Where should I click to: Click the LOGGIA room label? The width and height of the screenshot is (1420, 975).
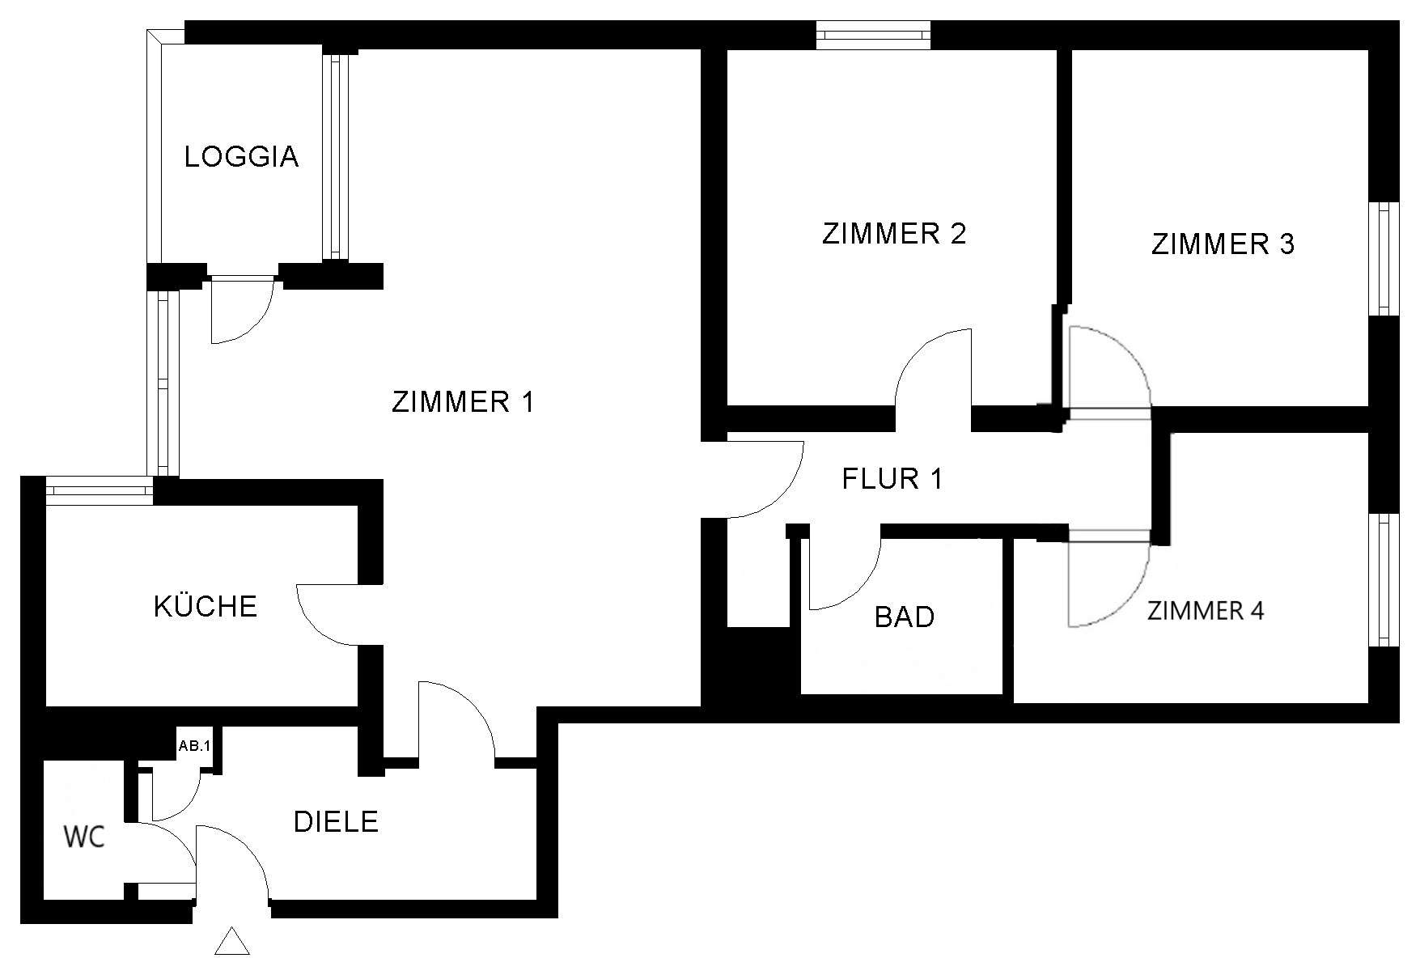241,156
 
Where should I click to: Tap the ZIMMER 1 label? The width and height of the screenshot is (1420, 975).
463,402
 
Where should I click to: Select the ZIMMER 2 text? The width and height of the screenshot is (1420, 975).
894,234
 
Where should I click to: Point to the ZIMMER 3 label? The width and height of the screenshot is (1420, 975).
1223,244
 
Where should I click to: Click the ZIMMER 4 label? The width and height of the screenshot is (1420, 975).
1206,610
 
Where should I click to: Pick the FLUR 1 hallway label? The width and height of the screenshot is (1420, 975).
892,479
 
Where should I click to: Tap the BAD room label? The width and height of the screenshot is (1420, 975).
905,617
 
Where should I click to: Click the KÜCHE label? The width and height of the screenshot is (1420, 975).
206,606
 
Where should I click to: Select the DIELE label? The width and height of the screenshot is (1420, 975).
336,822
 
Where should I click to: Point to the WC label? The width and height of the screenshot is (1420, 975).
85,837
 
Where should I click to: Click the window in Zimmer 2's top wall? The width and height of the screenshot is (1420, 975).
873,35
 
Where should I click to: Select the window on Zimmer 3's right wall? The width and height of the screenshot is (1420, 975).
1387,259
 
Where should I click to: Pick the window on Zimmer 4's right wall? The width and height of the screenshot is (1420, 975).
1387,579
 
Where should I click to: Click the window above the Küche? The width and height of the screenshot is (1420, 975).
99,490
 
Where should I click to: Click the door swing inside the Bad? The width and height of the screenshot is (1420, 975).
841,570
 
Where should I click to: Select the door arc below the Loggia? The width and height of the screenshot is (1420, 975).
239,311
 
